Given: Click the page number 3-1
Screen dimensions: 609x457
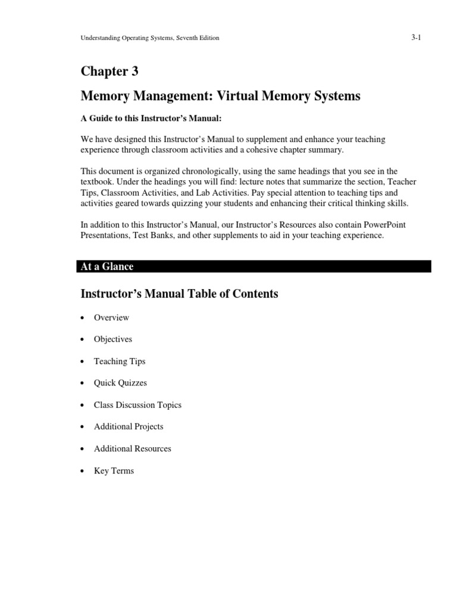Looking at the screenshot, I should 416,37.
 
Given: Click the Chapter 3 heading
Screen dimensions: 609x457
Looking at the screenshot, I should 109,71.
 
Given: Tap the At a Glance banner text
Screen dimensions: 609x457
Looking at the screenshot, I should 107,266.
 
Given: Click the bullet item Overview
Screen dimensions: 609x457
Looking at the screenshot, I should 111,318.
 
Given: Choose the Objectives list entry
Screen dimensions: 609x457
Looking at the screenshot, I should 113,339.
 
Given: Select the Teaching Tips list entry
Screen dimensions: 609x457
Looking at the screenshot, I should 120,361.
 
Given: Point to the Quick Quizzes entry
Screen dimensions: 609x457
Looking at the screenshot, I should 120,383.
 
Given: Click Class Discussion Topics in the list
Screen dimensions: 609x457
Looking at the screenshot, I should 137,405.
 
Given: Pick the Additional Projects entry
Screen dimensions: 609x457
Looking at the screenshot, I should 129,426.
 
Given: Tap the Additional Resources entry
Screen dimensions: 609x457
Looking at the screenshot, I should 132,448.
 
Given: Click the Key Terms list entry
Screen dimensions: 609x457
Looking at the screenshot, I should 114,470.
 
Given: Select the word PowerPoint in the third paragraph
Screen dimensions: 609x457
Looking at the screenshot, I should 366,224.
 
